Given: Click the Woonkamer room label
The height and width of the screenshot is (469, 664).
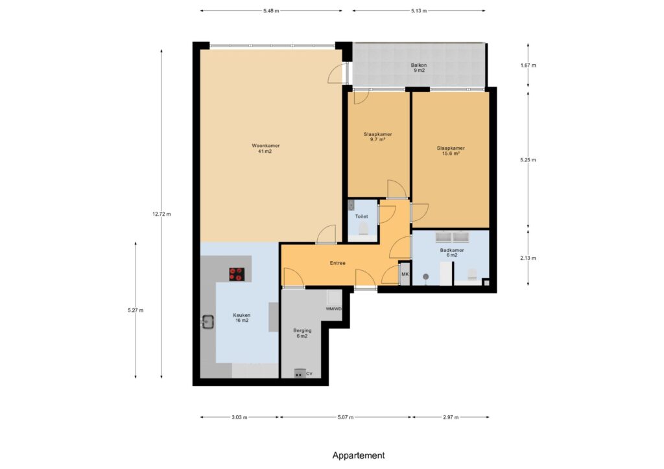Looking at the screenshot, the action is [x=265, y=148].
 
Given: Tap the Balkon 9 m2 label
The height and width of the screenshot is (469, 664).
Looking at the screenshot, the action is [x=419, y=67].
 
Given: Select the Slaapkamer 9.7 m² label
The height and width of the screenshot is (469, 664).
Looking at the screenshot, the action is [x=378, y=137].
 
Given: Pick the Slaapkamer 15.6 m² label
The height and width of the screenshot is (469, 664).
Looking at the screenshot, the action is [x=451, y=151].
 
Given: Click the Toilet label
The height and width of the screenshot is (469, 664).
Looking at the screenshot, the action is [x=361, y=216].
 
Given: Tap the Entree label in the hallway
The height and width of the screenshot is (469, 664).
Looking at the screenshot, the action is [x=337, y=263].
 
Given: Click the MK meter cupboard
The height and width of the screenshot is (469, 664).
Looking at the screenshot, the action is [x=405, y=274].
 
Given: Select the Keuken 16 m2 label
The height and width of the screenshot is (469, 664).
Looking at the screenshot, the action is [x=242, y=317].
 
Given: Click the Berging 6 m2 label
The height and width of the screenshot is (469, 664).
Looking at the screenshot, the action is [x=302, y=333].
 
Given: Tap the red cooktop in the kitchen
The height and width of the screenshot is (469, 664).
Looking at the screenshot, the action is [x=237, y=275].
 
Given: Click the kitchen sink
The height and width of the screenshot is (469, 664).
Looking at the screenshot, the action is [x=207, y=322].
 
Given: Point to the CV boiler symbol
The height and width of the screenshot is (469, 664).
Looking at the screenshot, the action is [x=300, y=373].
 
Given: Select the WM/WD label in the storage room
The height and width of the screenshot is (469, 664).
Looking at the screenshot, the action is [x=334, y=309].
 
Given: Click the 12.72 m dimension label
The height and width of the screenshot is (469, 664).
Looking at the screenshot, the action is [x=161, y=214].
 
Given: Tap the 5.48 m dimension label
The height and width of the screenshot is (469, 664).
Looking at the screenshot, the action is [x=271, y=11].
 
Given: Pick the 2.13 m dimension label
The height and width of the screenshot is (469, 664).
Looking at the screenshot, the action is [x=528, y=258].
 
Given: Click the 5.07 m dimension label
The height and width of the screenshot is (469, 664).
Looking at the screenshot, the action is [x=345, y=417].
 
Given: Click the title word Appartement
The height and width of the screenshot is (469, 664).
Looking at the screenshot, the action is [x=358, y=455].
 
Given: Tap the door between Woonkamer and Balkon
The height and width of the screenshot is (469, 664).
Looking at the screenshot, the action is [x=338, y=73].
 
